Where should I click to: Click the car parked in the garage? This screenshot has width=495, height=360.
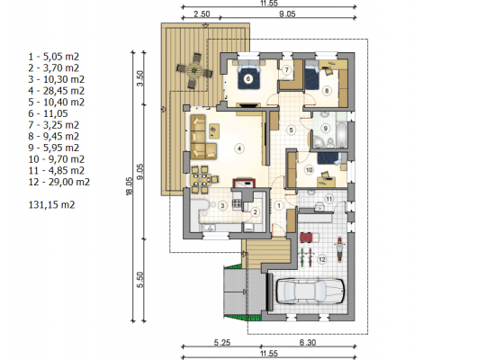coord(310,292)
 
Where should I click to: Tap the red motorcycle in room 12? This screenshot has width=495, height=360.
coord(339,248)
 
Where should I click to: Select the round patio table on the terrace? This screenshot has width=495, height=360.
coord(193,70)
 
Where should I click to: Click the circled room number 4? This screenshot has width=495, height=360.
coord(239,148)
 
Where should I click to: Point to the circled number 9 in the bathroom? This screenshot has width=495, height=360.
coord(325,128)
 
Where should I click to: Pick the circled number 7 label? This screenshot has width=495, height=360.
coord(286,69)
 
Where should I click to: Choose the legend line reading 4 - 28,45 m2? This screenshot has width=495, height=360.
coord(57,91)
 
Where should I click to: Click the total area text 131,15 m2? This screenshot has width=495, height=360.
coord(52,205)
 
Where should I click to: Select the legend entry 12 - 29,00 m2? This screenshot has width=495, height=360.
coord(59,182)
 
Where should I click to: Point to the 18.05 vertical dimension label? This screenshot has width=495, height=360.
coord(129,186)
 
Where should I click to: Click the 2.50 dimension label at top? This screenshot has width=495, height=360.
coord(202,14)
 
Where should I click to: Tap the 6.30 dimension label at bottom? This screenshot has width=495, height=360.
coord(308,342)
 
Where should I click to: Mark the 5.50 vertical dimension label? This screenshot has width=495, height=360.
coord(140,280)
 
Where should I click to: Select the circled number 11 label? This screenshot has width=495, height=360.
coord(328,199)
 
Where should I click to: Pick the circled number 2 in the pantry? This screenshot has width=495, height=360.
coord(255,211)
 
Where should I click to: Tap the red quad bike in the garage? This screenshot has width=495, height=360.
coord(306,238)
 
